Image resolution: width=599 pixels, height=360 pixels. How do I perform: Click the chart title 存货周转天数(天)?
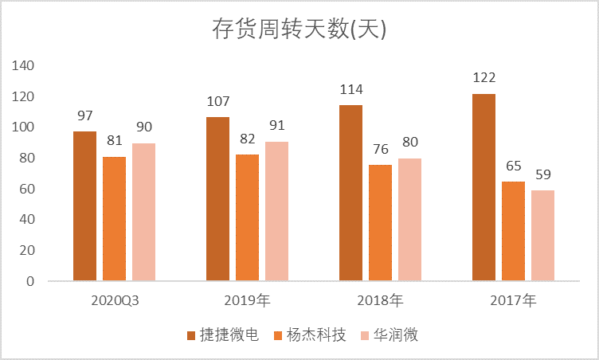pos(299,29)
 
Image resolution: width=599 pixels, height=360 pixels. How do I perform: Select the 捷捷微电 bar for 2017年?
pos(484,188)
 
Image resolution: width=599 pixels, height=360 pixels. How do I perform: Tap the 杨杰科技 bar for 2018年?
pos(380,223)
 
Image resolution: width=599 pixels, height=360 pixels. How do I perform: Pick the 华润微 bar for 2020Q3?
pos(143,212)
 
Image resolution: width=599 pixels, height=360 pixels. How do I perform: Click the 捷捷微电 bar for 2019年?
pos(217,199)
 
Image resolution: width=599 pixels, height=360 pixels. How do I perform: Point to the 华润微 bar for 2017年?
pos(542,236)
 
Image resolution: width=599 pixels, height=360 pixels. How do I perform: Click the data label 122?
pos(484,78)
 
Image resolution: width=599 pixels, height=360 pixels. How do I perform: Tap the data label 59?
pos(542,175)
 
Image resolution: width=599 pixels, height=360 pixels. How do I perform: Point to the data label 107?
pos(217,102)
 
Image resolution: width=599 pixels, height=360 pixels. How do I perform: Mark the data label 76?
pos(380,149)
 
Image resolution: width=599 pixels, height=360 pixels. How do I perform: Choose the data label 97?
pos(84,116)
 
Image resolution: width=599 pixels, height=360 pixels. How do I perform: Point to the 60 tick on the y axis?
pos(27,189)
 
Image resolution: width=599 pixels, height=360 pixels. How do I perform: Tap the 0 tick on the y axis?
pos(31,281)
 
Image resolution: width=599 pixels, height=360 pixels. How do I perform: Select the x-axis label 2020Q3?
pos(114,301)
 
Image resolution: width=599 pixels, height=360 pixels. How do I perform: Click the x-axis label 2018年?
pos(380,301)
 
